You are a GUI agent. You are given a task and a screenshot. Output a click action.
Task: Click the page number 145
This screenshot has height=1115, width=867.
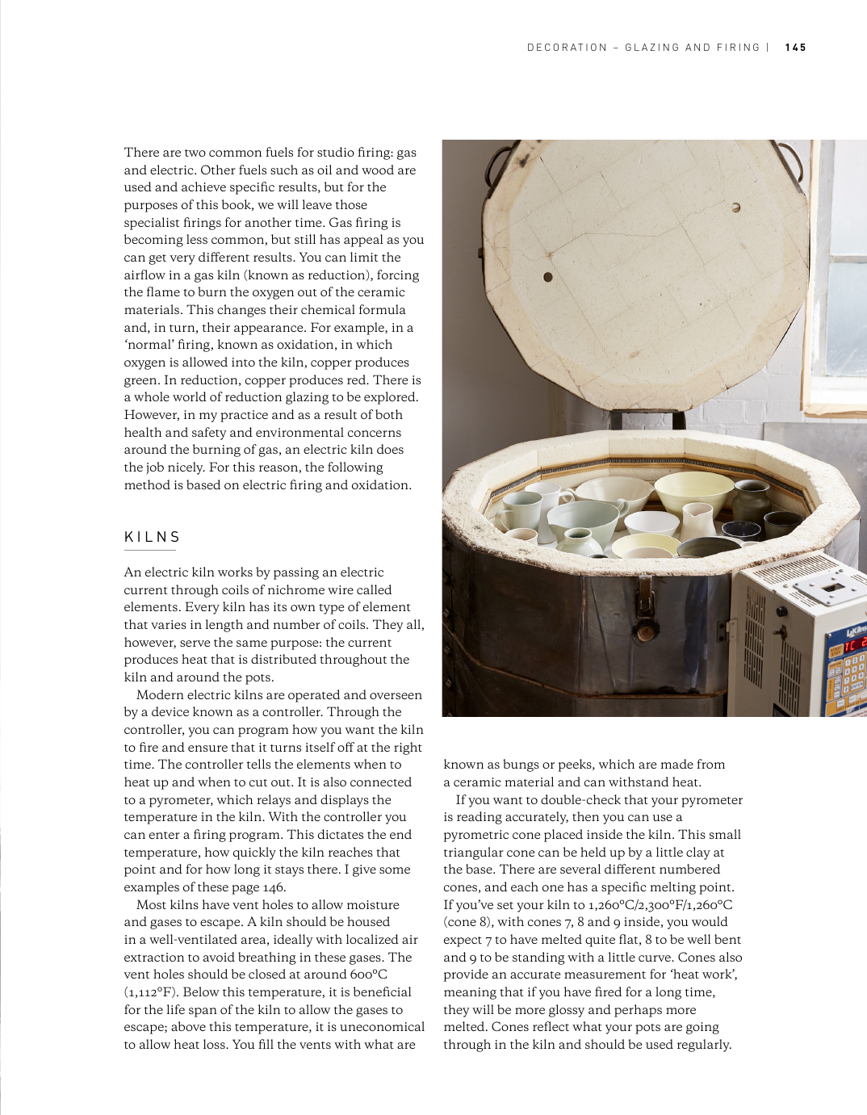coord(795,48)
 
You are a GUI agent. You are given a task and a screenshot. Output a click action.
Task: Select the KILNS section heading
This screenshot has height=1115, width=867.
coord(153,537)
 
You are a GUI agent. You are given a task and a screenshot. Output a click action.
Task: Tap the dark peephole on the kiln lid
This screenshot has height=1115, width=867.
coord(548,277)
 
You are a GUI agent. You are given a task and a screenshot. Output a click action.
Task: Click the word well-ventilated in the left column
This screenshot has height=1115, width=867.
coord(202,940)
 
